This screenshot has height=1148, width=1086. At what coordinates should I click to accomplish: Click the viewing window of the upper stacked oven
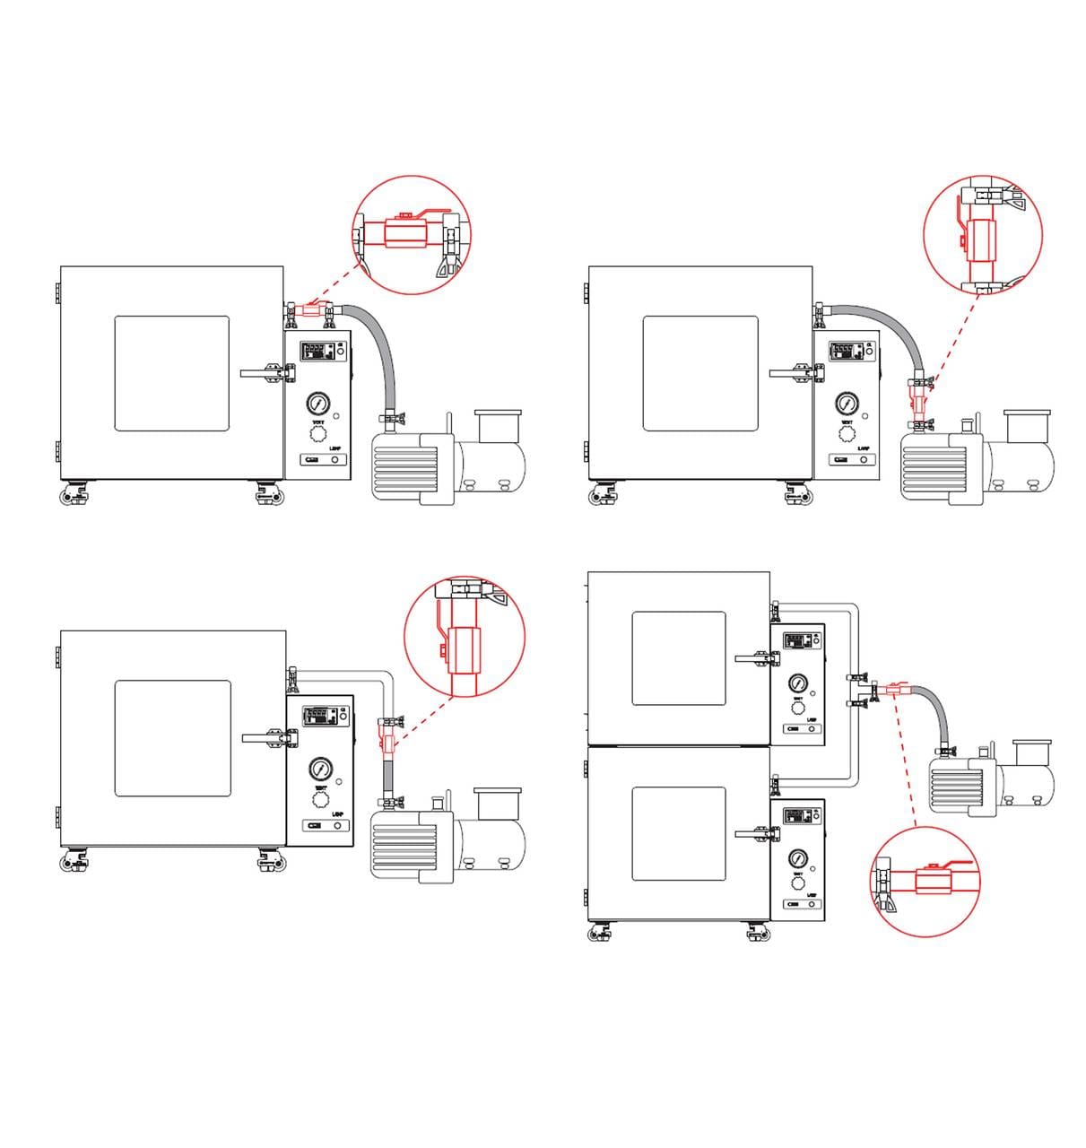678,657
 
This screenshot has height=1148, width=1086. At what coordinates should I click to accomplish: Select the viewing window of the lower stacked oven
678,833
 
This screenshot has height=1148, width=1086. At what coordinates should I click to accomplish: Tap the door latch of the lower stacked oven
754,835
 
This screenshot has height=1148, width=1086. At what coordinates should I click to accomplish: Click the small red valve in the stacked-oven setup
896,691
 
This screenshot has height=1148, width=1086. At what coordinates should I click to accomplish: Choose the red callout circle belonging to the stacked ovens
925,883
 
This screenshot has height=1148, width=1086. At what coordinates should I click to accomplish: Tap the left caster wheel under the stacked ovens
596,935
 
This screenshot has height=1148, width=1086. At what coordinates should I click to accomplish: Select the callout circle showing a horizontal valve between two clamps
412,235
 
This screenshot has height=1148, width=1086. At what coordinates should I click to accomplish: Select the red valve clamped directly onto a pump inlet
917,393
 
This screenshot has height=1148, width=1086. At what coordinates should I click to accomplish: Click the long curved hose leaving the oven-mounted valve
381,350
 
